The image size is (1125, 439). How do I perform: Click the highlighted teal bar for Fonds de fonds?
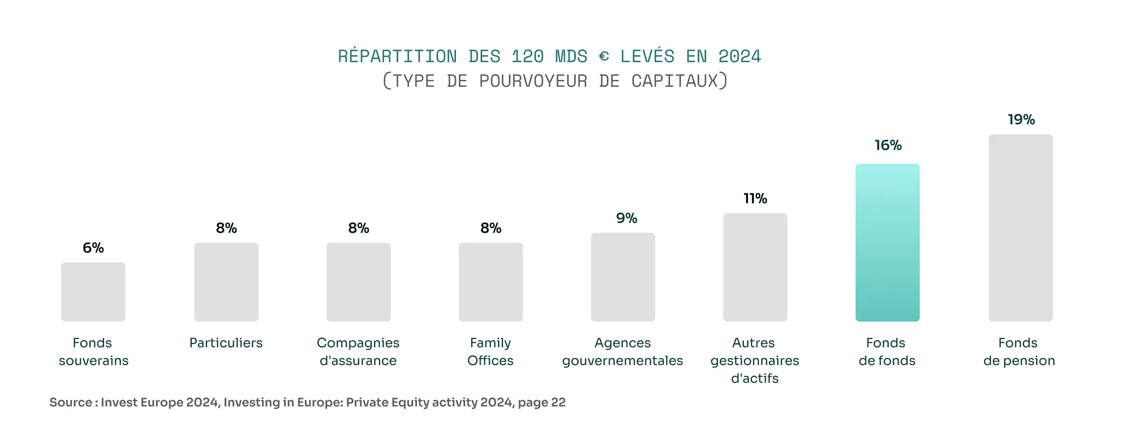click(x=887, y=243)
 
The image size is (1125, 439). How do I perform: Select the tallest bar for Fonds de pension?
click(x=1020, y=228)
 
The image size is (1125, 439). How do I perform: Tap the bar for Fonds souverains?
click(x=93, y=292)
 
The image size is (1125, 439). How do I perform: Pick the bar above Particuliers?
click(x=226, y=282)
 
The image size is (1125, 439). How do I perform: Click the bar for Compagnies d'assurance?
click(x=359, y=282)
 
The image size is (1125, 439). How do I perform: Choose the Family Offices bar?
click(x=491, y=282)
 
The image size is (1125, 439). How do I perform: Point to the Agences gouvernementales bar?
click(x=623, y=277)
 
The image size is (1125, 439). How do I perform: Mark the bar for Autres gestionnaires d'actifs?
click(x=755, y=267)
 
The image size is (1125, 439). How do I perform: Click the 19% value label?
click(x=1021, y=119)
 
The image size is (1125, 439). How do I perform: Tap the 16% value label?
click(x=888, y=145)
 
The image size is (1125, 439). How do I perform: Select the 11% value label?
click(x=755, y=198)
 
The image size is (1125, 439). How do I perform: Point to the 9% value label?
click(x=627, y=218)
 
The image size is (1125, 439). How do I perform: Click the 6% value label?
click(x=93, y=248)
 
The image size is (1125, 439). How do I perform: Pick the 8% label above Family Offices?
click(x=491, y=228)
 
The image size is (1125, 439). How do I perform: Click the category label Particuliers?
click(x=226, y=343)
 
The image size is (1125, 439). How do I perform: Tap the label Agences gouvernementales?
click(x=623, y=352)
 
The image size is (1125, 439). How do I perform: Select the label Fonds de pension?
click(x=1019, y=352)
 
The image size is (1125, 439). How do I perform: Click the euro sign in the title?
click(x=604, y=57)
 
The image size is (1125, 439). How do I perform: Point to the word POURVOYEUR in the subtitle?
click(x=533, y=81)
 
